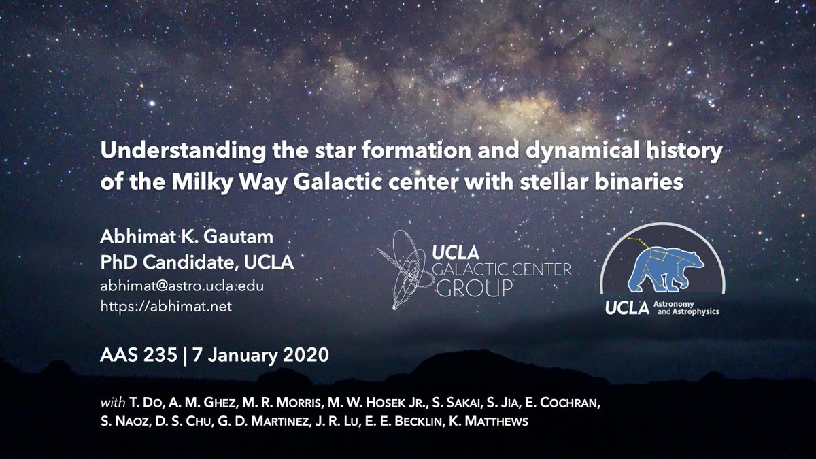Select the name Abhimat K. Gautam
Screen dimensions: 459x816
171,239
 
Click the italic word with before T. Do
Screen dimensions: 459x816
111,401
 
